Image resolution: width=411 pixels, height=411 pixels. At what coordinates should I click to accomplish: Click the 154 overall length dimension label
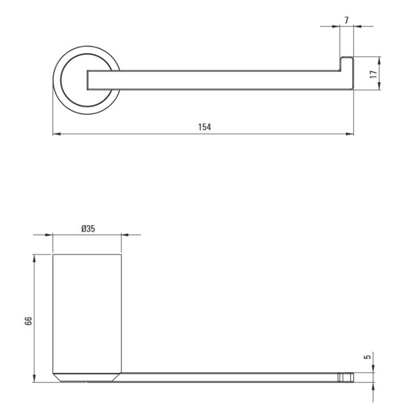click(204, 127)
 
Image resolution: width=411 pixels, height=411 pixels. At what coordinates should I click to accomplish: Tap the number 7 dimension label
click(346, 20)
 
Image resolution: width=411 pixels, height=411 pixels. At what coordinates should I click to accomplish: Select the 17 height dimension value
click(373, 74)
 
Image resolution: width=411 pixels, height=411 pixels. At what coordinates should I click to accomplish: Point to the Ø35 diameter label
click(88, 228)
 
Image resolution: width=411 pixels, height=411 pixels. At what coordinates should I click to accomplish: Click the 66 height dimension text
click(29, 321)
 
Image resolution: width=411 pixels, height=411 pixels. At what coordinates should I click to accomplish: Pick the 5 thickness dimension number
click(368, 357)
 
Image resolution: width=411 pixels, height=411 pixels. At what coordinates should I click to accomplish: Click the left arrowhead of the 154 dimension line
click(57, 134)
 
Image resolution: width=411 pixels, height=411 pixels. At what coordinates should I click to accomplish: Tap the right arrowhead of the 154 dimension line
click(350, 134)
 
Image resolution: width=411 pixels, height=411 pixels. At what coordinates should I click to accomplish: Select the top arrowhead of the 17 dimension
click(379, 61)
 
